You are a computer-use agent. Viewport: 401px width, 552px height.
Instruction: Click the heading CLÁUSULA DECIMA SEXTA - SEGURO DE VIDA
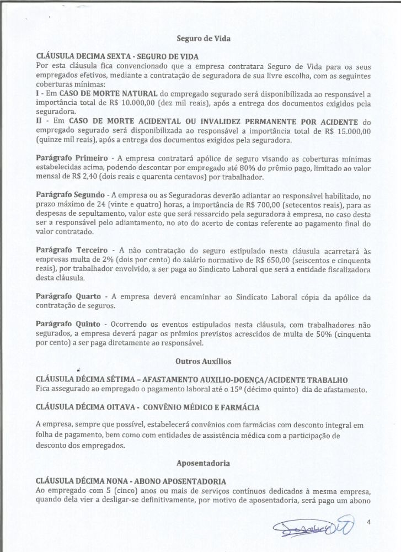click(x=117, y=56)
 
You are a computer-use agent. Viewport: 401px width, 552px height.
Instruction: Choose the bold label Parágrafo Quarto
click(x=68, y=297)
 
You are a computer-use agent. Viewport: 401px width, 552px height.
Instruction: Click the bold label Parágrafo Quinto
click(x=68, y=323)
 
